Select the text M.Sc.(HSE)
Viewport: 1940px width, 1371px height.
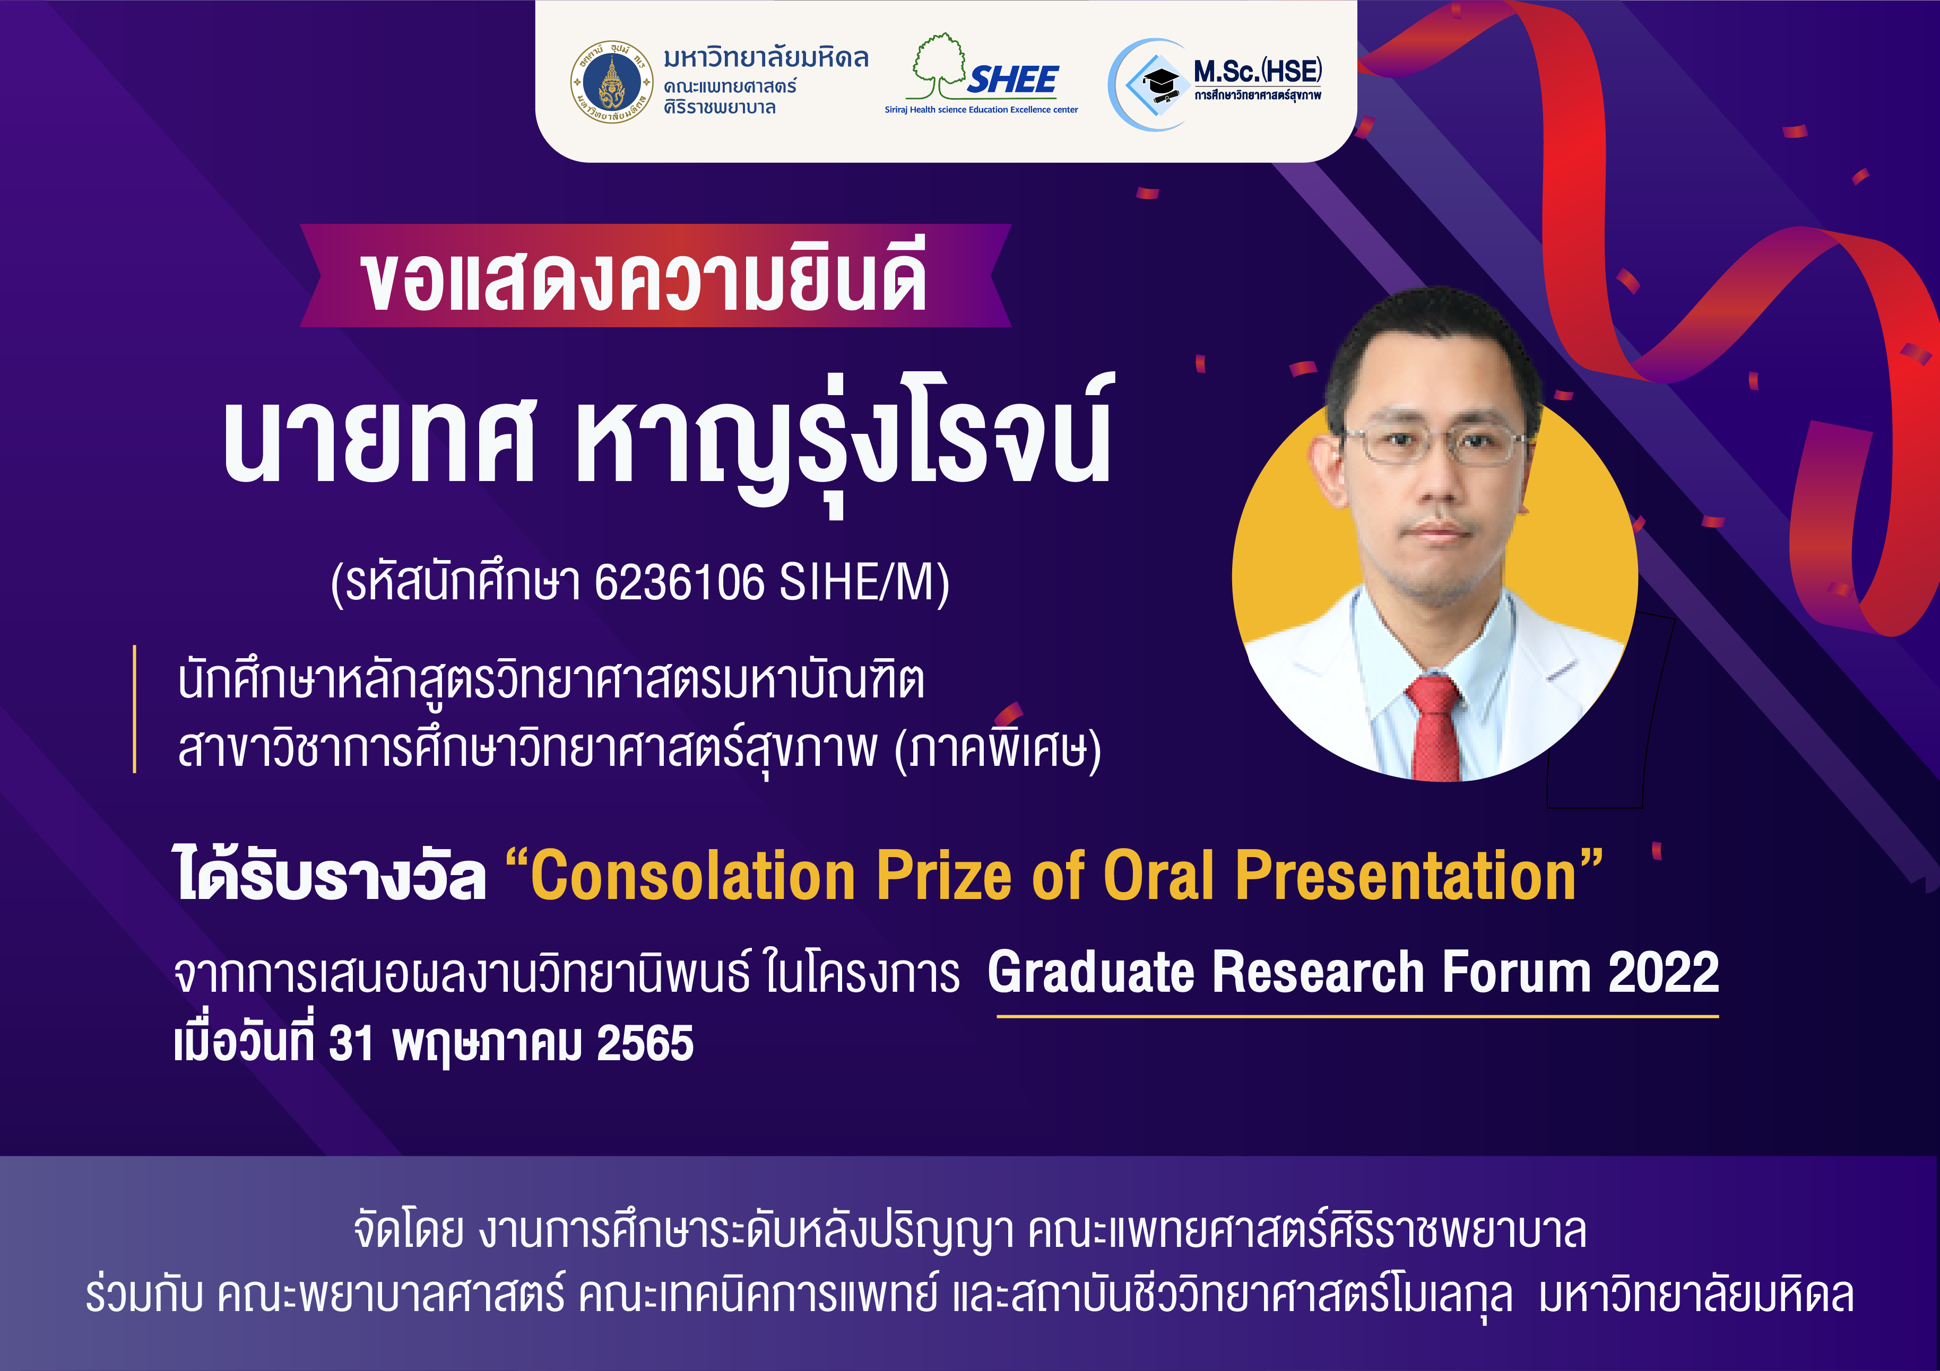click(x=1257, y=71)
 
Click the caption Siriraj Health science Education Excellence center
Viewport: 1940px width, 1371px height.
click(x=981, y=110)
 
